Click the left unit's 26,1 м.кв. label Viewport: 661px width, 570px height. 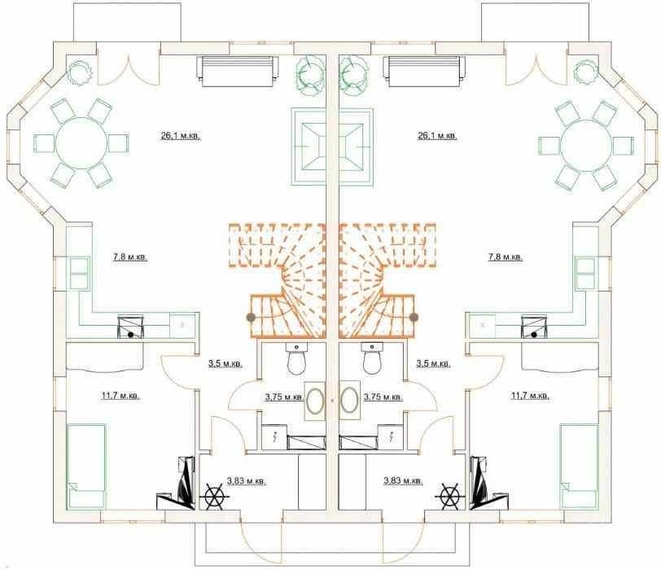(181, 136)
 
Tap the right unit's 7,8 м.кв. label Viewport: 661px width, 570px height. (506, 256)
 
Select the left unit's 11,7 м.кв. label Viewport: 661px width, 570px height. (120, 396)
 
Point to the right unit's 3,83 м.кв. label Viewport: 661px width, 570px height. (403, 480)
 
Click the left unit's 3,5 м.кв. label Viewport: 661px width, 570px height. (225, 363)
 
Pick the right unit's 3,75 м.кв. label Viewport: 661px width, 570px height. (383, 397)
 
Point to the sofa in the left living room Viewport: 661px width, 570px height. (238, 71)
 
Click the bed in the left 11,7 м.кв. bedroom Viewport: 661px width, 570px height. (86, 467)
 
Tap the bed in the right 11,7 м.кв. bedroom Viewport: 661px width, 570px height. (580, 467)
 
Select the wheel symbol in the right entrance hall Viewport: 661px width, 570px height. (450, 497)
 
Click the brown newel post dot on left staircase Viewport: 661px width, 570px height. (251, 317)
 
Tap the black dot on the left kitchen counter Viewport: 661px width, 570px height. (131, 335)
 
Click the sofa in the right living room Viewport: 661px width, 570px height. (425, 71)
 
